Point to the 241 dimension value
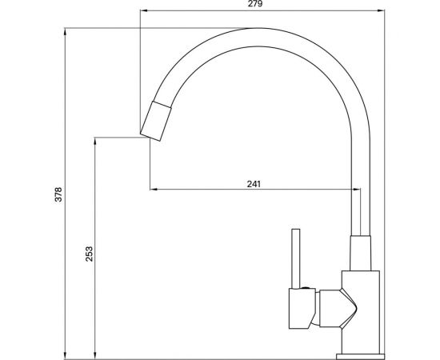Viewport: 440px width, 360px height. (254, 183)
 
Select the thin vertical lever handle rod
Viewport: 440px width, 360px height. (294, 256)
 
